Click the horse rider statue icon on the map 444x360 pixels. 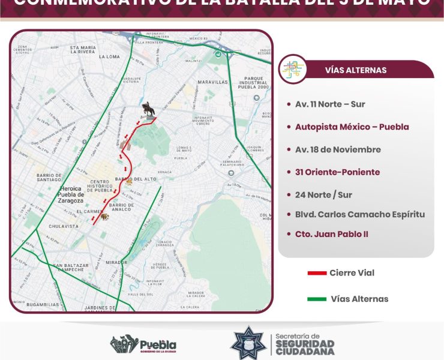[x=148, y=110]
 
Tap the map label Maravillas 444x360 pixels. [x=214, y=81]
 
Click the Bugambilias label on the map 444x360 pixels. [x=43, y=304]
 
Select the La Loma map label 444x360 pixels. [x=110, y=56]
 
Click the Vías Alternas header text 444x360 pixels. [x=355, y=70]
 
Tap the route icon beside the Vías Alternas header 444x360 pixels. [x=293, y=69]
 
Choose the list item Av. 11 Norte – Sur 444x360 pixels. [x=330, y=104]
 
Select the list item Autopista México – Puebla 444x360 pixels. [x=352, y=127]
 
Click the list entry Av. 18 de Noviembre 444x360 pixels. [x=338, y=149]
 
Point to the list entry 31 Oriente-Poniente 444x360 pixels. [x=337, y=172]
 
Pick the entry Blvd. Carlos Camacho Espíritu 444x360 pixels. [x=360, y=214]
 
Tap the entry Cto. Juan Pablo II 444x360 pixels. [x=332, y=234]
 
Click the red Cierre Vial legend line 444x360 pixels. [x=316, y=274]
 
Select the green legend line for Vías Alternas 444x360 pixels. [x=316, y=299]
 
